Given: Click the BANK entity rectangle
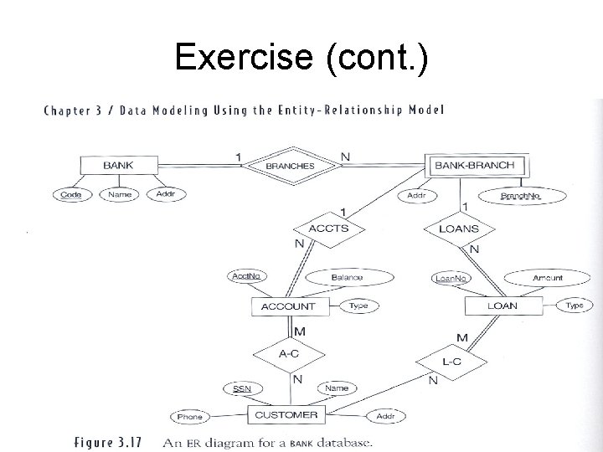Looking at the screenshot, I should click(x=118, y=165).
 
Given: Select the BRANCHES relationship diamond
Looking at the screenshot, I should click(x=290, y=166).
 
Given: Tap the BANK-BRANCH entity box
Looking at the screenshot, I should click(x=474, y=165).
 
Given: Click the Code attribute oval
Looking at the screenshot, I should click(x=71, y=195).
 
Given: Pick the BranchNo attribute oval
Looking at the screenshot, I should click(x=520, y=196).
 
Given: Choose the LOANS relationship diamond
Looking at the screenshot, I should click(x=458, y=228).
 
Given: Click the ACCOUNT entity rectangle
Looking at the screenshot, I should click(x=289, y=306).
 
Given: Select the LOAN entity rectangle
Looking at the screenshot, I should click(x=502, y=306).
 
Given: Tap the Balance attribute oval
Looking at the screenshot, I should click(x=346, y=277).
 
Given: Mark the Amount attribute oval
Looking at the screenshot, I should click(x=548, y=277).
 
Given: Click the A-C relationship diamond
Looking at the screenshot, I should click(x=289, y=354).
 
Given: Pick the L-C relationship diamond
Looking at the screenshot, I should click(x=451, y=362).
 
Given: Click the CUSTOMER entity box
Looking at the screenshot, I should click(x=286, y=415).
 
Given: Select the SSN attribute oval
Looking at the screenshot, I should click(x=242, y=388).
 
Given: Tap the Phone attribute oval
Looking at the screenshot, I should click(x=190, y=417).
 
